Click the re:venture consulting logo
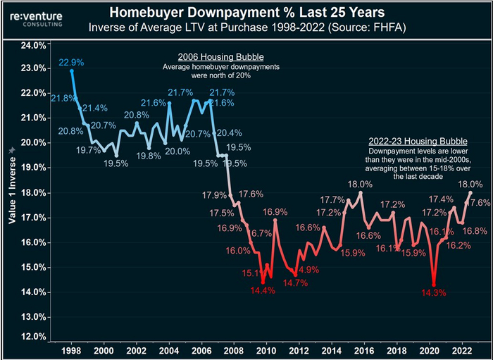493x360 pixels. point(37,16)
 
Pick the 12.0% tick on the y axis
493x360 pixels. point(34,336)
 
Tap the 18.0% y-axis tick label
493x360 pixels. point(34,192)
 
